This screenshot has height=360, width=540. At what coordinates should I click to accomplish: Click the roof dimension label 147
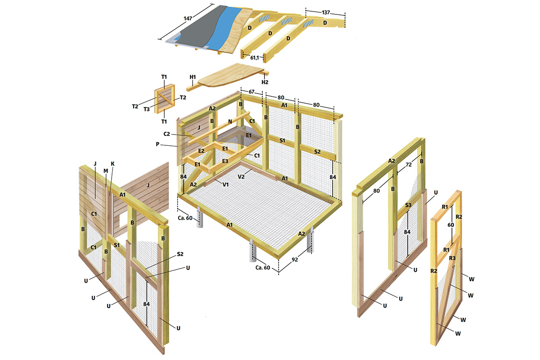coord(188,18)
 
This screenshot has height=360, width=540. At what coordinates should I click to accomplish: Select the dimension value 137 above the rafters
coord(326,13)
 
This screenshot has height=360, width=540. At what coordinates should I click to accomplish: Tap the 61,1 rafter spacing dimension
coord(255,58)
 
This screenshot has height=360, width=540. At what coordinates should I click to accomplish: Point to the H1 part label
coord(193,77)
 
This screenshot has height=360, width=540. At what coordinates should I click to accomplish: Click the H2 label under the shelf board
coord(265,82)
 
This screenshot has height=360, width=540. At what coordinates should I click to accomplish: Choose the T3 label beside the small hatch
coord(147,109)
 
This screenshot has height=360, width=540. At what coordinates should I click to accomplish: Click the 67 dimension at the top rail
coord(252,92)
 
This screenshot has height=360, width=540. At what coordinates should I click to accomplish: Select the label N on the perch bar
coord(230,121)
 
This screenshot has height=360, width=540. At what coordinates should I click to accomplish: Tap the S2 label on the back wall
coord(317,152)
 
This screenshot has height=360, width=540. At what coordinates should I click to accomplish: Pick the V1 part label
coord(225,184)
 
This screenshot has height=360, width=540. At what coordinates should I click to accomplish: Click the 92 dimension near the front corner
coord(295,260)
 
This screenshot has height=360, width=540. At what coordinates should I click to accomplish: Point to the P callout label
coord(157,144)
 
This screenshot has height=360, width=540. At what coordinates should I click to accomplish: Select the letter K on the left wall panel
coord(112,164)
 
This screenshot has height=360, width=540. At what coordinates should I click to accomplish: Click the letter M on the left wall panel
coord(106,171)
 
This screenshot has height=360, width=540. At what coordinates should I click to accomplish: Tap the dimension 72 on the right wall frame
coord(409,165)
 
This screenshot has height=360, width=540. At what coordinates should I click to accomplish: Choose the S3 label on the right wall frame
coord(408,205)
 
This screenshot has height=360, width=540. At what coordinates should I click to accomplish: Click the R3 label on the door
coord(452,258)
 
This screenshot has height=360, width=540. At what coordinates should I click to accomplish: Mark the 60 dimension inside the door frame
coord(451,225)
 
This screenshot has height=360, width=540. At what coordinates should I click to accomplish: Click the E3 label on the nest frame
coord(225,161)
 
